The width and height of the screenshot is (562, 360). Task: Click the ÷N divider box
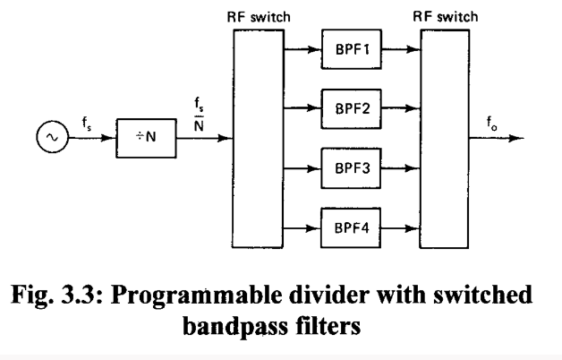pyautogui.click(x=141, y=141)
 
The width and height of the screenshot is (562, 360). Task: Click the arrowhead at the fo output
pyautogui.click(x=515, y=140)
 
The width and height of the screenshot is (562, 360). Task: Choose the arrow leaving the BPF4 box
pyautogui.click(x=397, y=227)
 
